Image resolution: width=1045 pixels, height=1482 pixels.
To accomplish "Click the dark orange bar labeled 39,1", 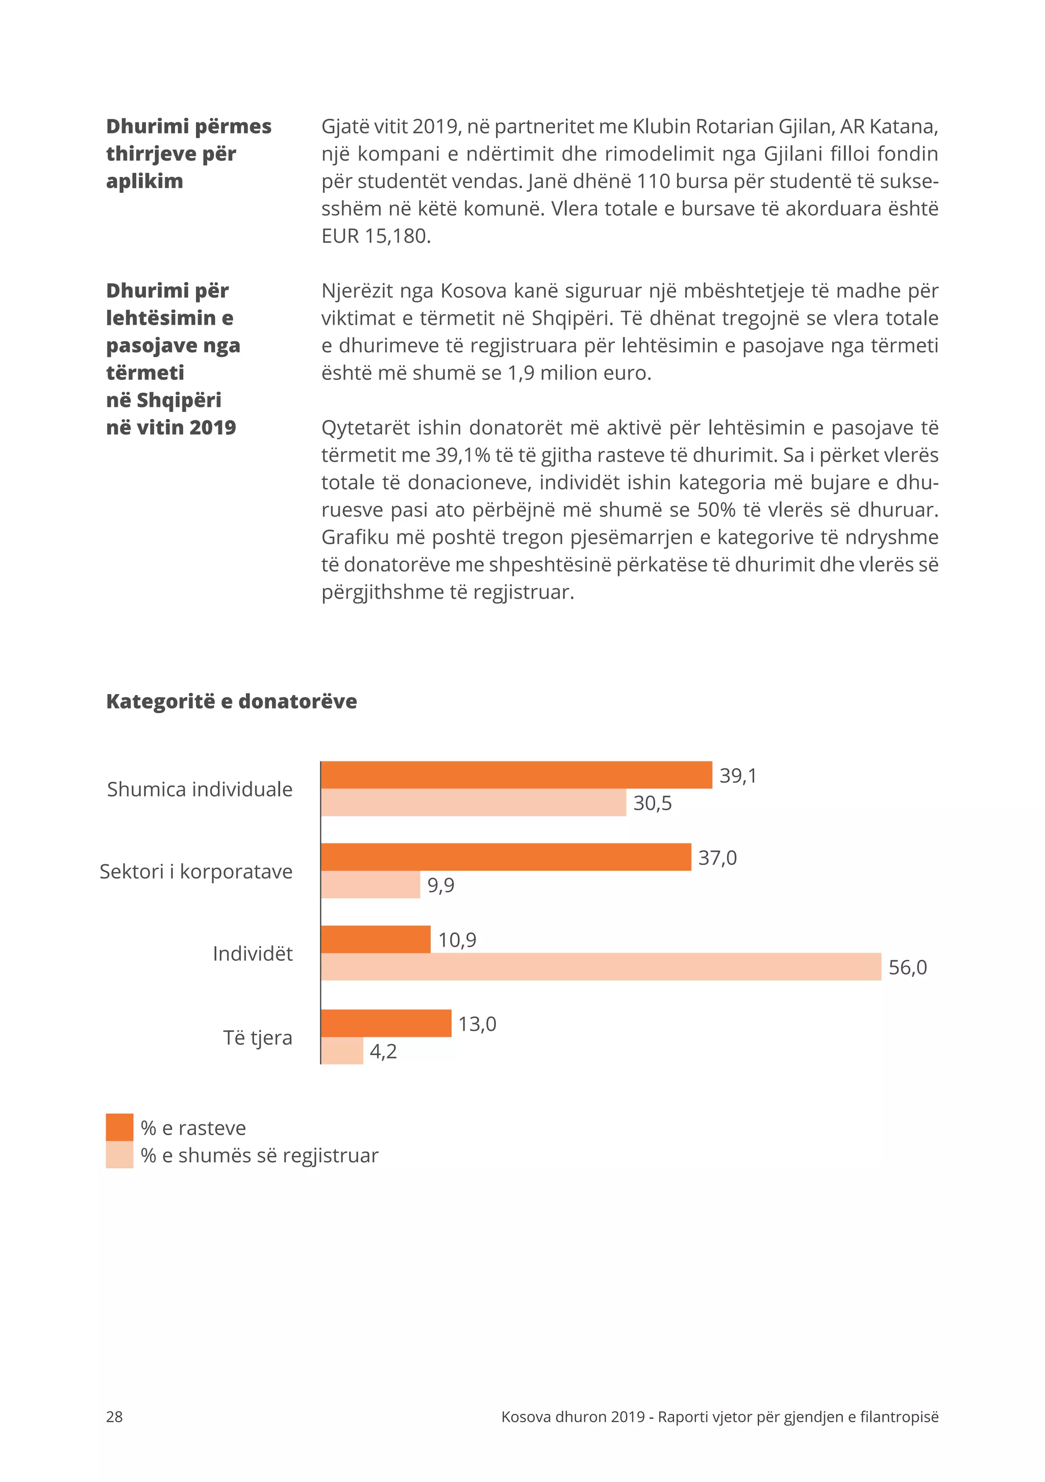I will (x=516, y=775).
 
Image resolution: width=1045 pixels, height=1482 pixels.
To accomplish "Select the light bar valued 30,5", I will (x=473, y=802).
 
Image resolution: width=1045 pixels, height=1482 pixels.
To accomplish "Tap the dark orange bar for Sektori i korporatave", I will (x=506, y=857).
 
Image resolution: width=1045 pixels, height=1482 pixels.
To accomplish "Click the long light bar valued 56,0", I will (x=601, y=966).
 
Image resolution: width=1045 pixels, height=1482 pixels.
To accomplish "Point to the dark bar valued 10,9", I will (x=375, y=939).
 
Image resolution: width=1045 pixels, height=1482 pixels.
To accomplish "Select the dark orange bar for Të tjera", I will (x=386, y=1023).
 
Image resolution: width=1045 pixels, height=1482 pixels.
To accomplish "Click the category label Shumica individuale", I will (x=200, y=789).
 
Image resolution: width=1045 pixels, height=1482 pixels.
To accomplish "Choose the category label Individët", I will (x=253, y=953).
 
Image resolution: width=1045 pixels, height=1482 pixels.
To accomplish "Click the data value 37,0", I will (x=717, y=858).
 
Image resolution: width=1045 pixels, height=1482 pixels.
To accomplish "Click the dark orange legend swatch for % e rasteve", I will (x=119, y=1127).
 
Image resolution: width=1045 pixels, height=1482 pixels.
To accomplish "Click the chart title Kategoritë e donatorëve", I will (x=231, y=701).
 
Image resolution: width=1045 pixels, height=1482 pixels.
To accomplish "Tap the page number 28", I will (x=114, y=1417).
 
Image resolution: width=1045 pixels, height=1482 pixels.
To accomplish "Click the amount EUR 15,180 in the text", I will (x=375, y=236).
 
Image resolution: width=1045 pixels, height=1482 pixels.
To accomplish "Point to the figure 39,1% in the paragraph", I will (x=462, y=455).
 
